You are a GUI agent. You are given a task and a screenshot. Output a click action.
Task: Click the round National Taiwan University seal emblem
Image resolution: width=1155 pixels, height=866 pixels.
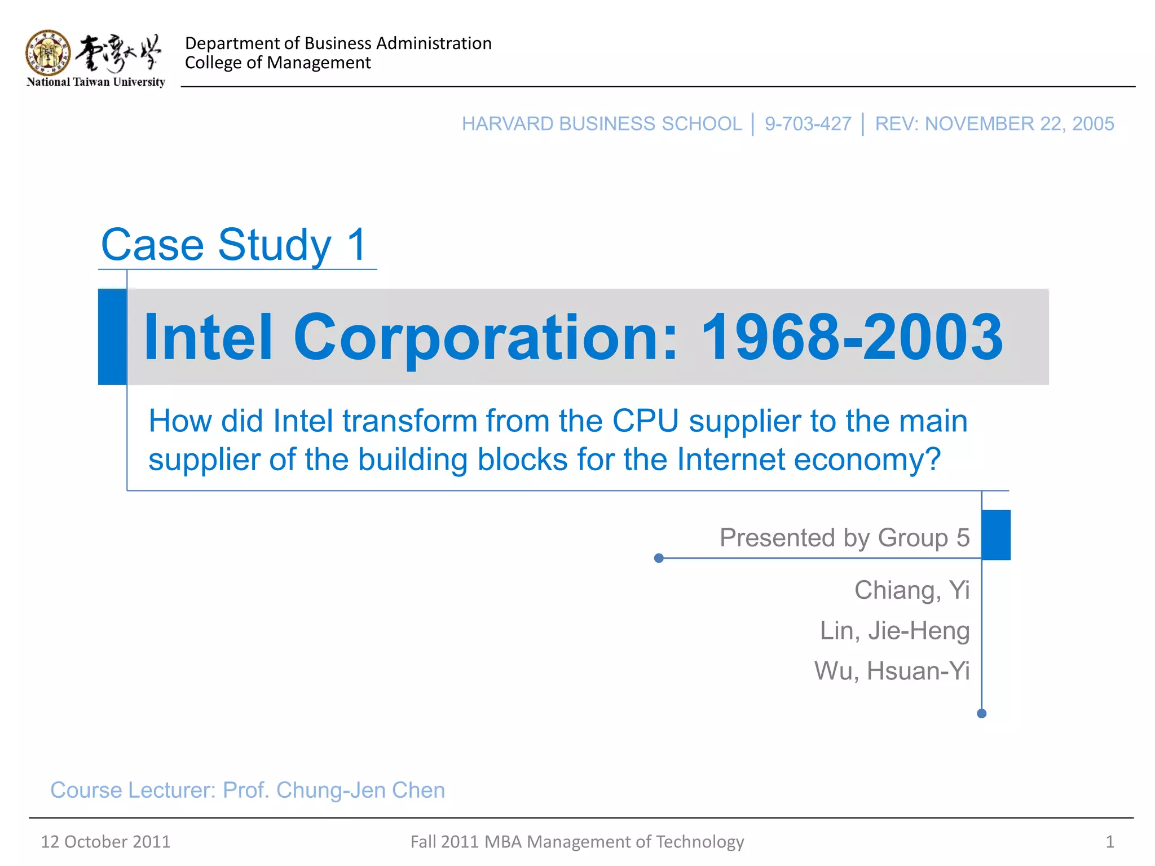click(49, 52)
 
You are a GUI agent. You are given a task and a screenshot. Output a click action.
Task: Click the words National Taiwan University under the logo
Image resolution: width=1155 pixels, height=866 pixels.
click(96, 82)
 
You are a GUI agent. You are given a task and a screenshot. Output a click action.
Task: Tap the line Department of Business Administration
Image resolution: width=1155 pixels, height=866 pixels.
click(338, 43)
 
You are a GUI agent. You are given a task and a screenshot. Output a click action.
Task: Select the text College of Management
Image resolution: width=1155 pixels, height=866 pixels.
click(277, 63)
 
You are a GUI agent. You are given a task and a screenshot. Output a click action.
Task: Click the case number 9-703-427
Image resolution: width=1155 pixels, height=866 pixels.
click(808, 124)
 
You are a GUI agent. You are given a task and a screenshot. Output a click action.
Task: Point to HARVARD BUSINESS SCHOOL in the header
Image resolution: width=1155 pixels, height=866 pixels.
click(601, 124)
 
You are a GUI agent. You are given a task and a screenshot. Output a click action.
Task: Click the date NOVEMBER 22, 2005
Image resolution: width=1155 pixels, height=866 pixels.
click(1019, 124)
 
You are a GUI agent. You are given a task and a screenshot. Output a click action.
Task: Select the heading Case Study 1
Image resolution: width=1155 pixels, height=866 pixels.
click(235, 245)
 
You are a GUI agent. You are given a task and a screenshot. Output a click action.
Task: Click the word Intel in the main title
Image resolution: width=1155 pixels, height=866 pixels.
click(208, 337)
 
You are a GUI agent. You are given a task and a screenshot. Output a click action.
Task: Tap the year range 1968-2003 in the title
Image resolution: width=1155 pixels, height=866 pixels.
click(851, 337)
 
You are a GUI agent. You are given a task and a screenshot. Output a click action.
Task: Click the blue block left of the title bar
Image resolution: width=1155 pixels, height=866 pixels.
click(112, 337)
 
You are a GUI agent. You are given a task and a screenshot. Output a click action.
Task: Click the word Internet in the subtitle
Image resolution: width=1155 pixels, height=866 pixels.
click(730, 459)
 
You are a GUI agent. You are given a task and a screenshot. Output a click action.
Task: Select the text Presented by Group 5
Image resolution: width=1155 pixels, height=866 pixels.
click(844, 537)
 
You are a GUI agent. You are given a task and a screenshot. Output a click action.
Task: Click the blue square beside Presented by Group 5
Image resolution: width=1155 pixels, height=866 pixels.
click(996, 534)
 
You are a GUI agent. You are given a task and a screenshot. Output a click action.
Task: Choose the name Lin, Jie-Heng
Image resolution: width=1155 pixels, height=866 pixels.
click(894, 630)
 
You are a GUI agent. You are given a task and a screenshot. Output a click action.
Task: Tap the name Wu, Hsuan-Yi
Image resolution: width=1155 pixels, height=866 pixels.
click(892, 671)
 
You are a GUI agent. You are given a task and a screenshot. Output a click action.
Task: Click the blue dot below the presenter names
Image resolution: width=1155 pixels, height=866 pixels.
click(981, 714)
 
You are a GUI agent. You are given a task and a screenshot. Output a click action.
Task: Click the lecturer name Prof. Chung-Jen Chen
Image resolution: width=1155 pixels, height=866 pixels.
click(334, 790)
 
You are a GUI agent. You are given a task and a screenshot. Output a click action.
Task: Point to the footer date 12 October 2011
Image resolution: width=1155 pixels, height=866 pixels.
click(105, 842)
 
